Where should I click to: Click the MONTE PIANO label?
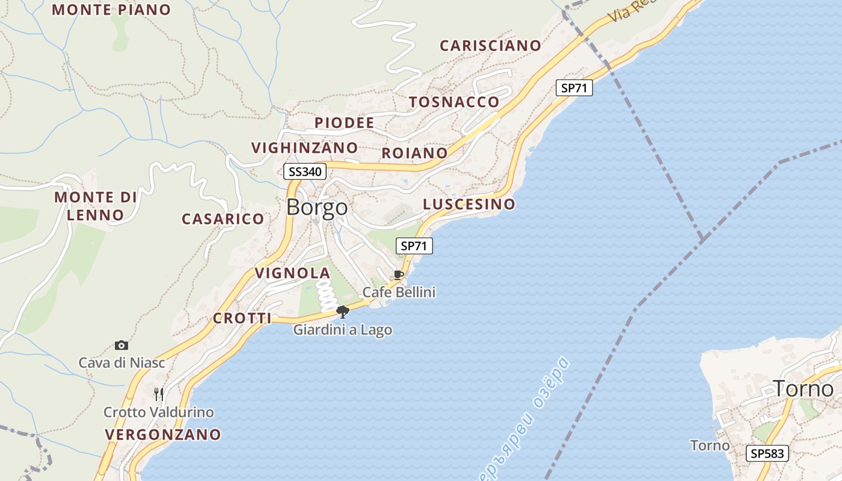click(111, 10)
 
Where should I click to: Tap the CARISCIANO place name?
click(490, 46)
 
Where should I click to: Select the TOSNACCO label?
click(454, 102)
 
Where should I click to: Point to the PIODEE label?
click(344, 123)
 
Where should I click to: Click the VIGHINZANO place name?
click(304, 148)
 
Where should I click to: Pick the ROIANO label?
click(414, 153)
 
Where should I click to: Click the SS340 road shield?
click(305, 172)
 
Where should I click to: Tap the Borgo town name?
click(317, 207)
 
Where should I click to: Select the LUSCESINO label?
click(469, 204)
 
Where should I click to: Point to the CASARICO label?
click(223, 219)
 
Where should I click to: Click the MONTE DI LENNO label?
click(96, 206)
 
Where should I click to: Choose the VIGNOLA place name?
click(292, 274)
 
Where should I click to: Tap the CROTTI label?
click(242, 319)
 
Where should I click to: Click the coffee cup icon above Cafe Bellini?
click(398, 275)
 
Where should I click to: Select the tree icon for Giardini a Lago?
click(343, 311)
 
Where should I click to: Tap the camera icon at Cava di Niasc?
click(121, 345)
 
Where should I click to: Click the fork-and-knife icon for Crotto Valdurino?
click(159, 394)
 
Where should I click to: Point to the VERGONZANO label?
click(163, 434)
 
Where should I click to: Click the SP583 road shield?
click(767, 453)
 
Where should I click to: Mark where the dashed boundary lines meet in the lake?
click(702, 240)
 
